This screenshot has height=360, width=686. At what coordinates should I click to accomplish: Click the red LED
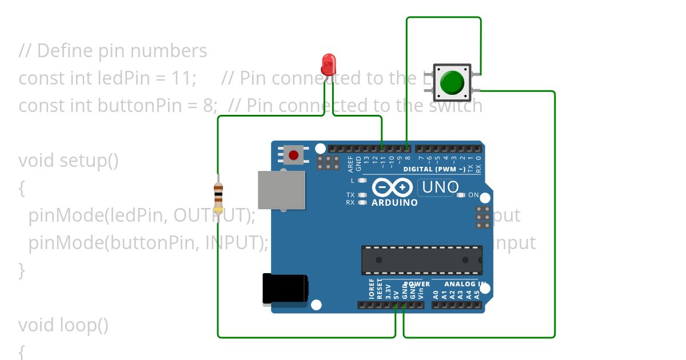coord(328,64)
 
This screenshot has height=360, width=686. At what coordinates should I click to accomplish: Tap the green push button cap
coord(452,83)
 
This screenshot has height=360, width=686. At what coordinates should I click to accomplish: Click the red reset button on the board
coord(294,155)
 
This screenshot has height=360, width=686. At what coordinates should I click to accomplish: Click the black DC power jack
coord(284,289)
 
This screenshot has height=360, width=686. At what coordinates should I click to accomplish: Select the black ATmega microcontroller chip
coord(421,260)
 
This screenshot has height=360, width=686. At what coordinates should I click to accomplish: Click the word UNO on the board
coord(440,187)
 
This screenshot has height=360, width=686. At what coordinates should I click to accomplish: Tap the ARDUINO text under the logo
coord(394,203)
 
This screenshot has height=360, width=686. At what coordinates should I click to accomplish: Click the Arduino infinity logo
coord(392,187)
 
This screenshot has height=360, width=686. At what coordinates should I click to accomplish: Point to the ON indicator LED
coord(461,195)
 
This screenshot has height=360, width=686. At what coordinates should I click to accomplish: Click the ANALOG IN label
coord(465,284)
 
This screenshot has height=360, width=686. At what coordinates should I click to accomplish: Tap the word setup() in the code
coord(89,161)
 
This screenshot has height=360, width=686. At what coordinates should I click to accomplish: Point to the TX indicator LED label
coord(350,195)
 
